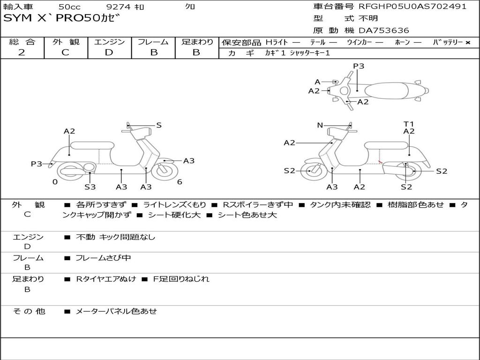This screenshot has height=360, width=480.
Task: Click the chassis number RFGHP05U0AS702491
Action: point(412,7)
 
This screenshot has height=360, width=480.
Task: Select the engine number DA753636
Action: point(384,30)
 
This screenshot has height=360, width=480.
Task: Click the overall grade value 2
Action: point(22,52)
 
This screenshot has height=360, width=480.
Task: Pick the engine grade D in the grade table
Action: point(109,52)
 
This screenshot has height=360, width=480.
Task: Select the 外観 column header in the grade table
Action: point(66,42)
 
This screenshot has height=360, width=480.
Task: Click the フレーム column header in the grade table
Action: point(153,42)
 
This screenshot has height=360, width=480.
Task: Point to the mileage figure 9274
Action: point(119,7)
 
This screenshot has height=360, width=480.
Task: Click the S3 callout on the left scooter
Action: point(90,187)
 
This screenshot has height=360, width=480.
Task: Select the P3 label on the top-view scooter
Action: point(359,66)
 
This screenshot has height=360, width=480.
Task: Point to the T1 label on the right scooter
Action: point(409,124)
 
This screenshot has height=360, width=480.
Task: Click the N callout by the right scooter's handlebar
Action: point(320,125)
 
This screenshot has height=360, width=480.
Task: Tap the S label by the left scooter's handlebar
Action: point(159,125)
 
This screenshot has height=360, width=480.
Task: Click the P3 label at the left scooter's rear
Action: point(37,164)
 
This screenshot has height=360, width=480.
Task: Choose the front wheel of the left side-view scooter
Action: point(165,171)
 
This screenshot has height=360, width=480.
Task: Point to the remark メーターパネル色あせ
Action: point(116,311)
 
